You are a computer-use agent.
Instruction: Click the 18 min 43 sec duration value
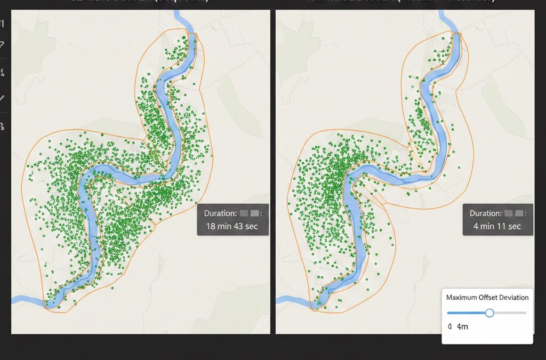pos(232,226)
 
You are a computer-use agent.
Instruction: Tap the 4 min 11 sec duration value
pos(497,226)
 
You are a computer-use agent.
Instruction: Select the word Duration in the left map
pos(219,213)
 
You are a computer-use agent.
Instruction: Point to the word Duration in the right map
pos(485,213)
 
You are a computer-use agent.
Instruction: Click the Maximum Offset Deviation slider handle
pos(489,313)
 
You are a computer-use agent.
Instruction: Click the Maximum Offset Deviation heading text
pos(487,298)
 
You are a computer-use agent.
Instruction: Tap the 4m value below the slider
pos(462,326)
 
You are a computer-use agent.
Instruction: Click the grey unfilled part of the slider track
pos(510,313)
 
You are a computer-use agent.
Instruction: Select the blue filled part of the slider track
pos(467,313)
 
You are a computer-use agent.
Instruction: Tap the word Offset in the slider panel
pos(487,298)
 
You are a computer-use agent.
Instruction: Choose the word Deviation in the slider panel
pos(513,298)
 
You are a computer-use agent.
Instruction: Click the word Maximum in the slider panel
pos(462,298)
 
